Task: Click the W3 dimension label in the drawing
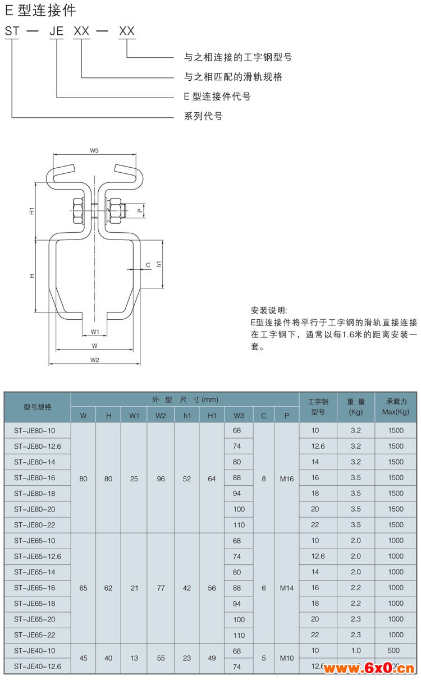click(94, 150)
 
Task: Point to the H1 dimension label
click(31, 211)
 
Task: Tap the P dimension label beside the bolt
click(140, 210)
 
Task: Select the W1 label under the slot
click(95, 332)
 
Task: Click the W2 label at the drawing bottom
click(95, 360)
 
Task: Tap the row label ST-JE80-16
click(35, 478)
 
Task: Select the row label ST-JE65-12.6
click(38, 556)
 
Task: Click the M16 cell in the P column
click(286, 479)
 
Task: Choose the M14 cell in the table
click(286, 588)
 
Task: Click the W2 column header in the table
click(161, 416)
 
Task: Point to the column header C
click(264, 416)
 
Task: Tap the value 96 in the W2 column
click(161, 479)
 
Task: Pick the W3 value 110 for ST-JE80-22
click(239, 525)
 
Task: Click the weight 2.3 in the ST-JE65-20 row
click(355, 619)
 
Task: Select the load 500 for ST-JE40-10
click(393, 650)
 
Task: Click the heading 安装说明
click(269, 310)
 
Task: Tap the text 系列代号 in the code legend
click(203, 116)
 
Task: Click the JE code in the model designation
click(56, 31)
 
